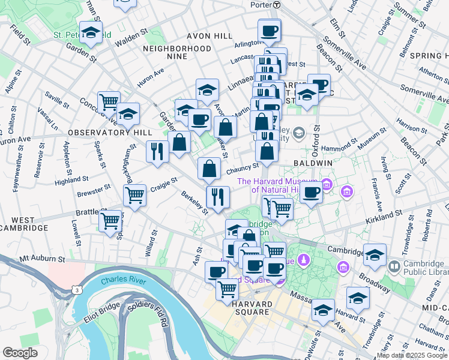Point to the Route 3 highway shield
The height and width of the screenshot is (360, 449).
[77, 290]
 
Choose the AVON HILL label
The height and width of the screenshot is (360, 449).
[209, 36]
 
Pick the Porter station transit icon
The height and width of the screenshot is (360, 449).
[276, 4]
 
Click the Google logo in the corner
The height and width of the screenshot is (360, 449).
[20, 353]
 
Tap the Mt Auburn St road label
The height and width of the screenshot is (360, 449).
[41, 259]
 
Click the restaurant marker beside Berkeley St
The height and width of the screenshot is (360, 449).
[218, 197]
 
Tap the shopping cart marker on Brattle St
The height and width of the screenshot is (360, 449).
[110, 221]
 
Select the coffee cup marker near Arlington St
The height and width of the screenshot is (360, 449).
[270, 31]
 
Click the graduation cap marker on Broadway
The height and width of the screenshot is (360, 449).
[375, 256]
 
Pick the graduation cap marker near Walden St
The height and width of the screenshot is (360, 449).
[91, 34]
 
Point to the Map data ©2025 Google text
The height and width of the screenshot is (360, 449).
[412, 355]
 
